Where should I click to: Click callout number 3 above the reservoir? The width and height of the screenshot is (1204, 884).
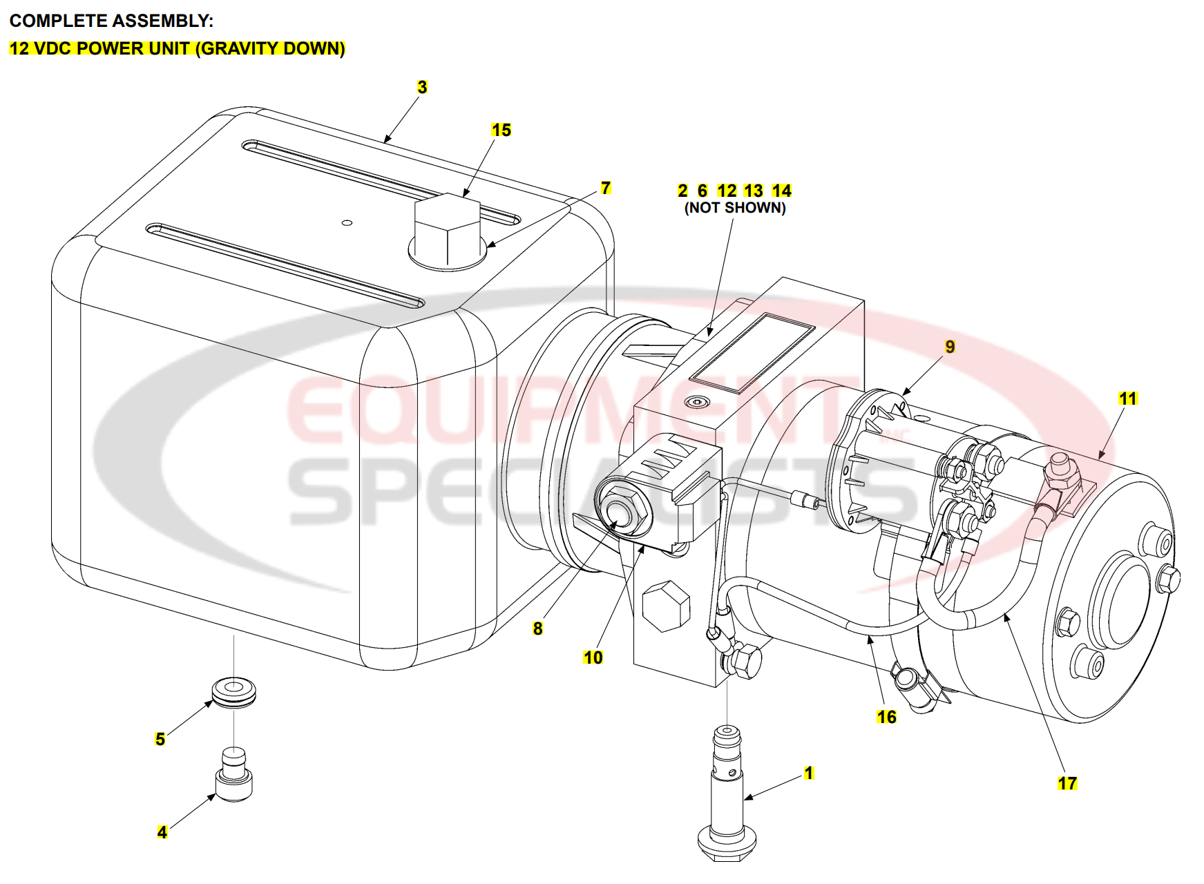pos(422,88)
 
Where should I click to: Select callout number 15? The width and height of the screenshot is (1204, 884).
pos(501,131)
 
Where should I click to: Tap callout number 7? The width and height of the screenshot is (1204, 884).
pos(606,188)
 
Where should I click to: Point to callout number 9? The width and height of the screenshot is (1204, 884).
pos(950,347)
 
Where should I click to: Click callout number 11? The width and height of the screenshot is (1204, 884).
pos(1127,398)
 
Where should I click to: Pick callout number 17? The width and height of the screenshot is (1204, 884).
pos(1067,783)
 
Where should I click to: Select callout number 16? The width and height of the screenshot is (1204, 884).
pos(886,717)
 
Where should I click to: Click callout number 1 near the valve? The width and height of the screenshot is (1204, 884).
pos(809,773)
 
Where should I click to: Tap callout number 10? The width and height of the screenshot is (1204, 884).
pos(593,657)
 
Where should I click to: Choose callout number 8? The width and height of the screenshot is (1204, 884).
pos(537,628)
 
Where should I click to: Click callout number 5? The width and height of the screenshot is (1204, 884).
pos(160,739)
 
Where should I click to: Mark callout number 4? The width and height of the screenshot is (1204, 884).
pos(162,832)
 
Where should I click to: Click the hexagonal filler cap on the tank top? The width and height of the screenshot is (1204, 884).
pos(446,228)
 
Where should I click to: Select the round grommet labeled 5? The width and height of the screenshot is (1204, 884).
pos(233,692)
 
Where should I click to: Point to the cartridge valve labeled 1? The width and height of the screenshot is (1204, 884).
pos(727,794)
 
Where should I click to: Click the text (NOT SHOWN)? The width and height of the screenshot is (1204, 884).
pos(734,208)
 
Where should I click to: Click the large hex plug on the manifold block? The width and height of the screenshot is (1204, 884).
pos(666,606)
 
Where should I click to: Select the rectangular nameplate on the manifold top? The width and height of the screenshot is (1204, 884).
pos(752,353)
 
